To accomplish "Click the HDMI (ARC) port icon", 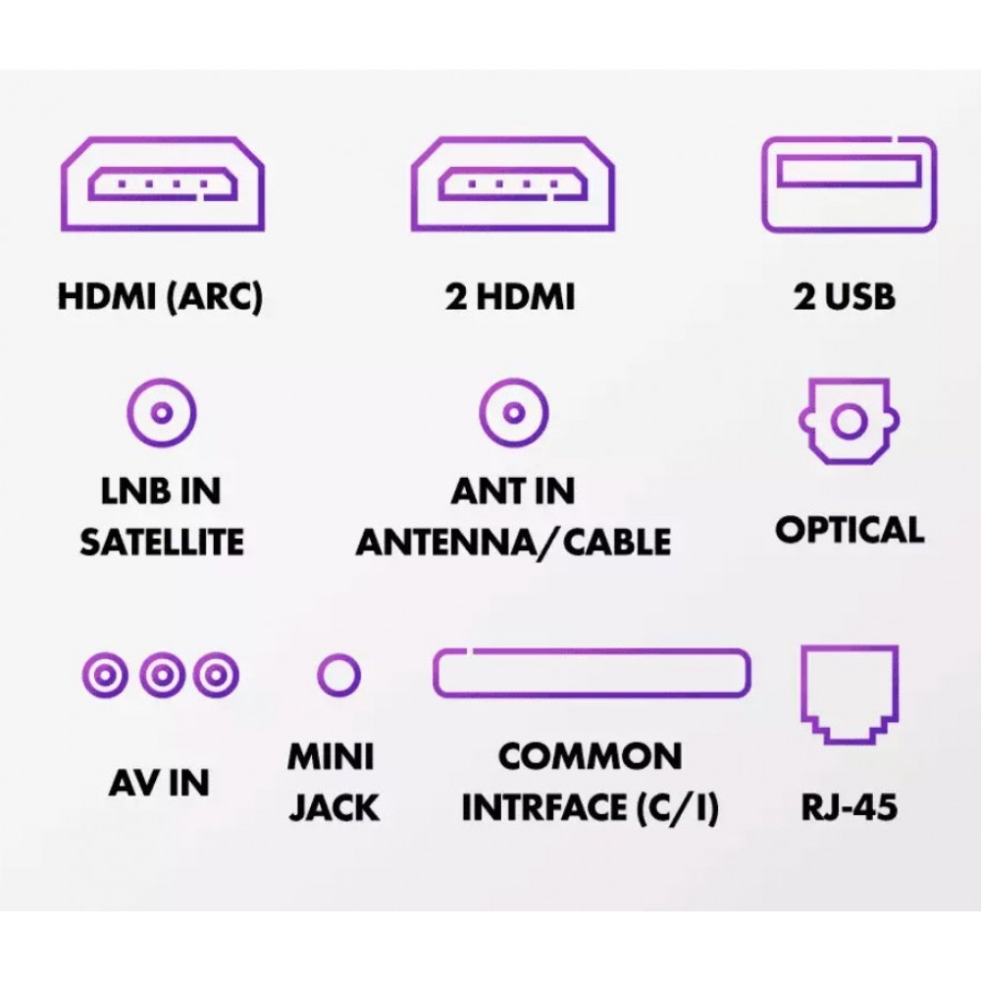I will click(161, 184).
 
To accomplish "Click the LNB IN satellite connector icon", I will click(162, 412).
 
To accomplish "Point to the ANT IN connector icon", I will click(511, 412).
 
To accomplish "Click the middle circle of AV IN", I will click(162, 675).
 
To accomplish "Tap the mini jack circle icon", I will click(339, 675).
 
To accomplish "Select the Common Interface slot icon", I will click(592, 674).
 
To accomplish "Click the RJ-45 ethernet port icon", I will click(850, 693).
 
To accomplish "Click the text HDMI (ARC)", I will click(161, 297).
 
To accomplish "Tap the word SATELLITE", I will click(162, 542).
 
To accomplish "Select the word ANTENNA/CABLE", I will click(513, 542).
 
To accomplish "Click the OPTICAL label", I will click(850, 530).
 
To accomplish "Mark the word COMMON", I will click(590, 757).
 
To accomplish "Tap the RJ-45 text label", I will click(850, 809).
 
